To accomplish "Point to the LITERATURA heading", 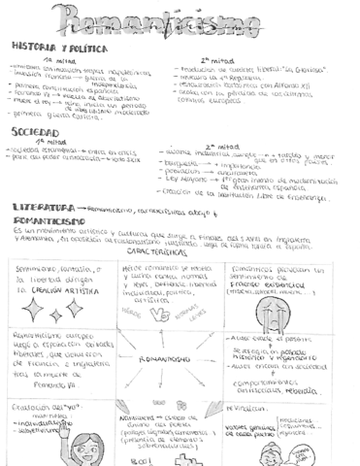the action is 44,207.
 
